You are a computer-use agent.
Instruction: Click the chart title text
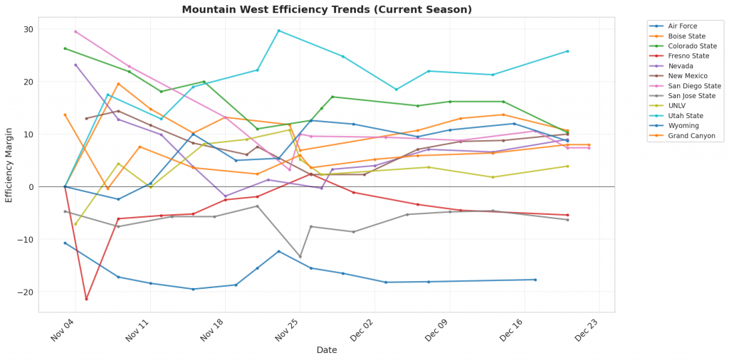pyautogui.click(x=327, y=9)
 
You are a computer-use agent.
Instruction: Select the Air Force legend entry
pyautogui.click(x=683, y=26)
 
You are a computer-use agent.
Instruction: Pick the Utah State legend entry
pyautogui.click(x=685, y=116)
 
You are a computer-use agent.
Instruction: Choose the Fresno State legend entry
pyautogui.click(x=688, y=56)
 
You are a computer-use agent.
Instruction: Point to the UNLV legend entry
pyautogui.click(x=678, y=106)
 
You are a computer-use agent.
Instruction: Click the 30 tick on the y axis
pyautogui.click(x=28, y=29)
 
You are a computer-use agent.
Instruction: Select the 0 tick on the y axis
pyautogui.click(x=31, y=187)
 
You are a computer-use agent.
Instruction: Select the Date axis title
pyautogui.click(x=327, y=350)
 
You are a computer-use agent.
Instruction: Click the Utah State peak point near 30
pyautogui.click(x=278, y=31)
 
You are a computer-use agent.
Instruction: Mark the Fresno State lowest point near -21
pyautogui.click(x=86, y=299)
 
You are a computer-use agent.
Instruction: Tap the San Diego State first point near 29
pyautogui.click(x=75, y=31)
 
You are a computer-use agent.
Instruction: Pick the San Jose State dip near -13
pyautogui.click(x=300, y=257)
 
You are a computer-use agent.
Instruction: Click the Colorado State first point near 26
pyautogui.click(x=65, y=48)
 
